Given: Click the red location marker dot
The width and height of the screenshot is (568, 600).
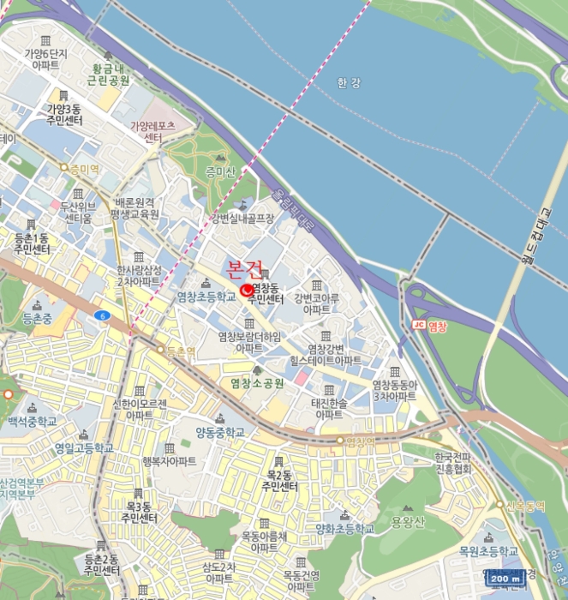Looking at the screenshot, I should coord(248,291).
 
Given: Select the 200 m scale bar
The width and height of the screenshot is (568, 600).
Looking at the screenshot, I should coord(505,579).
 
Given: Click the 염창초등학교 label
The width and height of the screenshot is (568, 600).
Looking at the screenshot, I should coord(206,297).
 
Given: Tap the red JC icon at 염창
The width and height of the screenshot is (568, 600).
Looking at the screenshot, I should coord(419,325).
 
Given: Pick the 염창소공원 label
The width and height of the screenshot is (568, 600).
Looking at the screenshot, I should coord(257,382).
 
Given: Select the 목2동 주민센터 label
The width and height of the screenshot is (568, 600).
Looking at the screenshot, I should coord(280,480).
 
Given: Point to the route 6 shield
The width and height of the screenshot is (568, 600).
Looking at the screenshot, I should coord(103,315).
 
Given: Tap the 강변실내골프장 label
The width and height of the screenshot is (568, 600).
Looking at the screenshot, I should coord(243,219).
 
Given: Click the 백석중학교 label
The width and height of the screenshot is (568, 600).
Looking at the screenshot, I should coord(32,422).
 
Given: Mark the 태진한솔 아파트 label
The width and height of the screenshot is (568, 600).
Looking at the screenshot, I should coord(329,408).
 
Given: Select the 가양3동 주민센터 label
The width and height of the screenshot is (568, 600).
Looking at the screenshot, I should coord(63,115).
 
